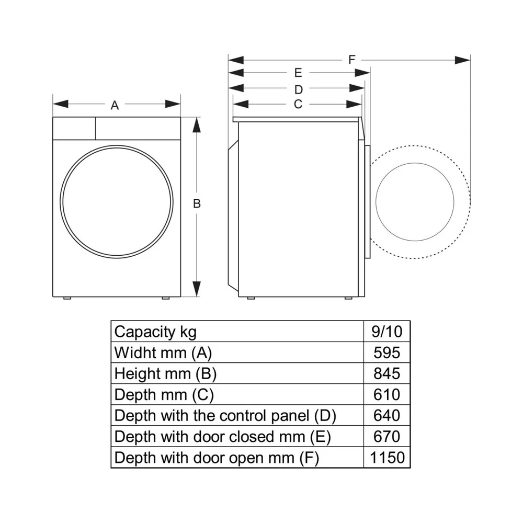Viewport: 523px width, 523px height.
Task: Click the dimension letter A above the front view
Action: [x=115, y=106]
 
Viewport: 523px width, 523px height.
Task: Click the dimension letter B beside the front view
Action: [x=197, y=204]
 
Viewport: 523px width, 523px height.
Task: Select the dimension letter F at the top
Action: [x=352, y=60]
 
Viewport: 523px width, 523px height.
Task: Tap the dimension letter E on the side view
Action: [x=298, y=73]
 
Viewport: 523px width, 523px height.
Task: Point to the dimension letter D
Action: [x=298, y=89]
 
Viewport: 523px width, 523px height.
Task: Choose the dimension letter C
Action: [x=298, y=104]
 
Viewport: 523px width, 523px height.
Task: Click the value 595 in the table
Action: [x=387, y=353]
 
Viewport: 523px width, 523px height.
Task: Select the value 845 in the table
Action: [x=387, y=373]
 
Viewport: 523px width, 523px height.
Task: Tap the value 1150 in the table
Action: [x=387, y=458]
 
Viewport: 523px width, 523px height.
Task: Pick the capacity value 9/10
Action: [x=387, y=332]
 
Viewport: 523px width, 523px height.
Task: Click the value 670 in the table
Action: [x=387, y=437]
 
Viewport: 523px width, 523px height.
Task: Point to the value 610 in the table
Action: [x=387, y=394]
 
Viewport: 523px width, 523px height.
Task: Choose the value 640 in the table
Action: [x=387, y=416]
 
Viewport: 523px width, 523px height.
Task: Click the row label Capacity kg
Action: [x=155, y=332]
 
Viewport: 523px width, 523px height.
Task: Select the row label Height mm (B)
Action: [x=165, y=373]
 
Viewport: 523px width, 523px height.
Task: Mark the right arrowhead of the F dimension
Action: [x=463, y=60]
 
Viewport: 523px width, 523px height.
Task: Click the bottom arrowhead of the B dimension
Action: [x=197, y=288]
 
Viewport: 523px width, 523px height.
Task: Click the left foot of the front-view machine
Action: [x=68, y=299]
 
